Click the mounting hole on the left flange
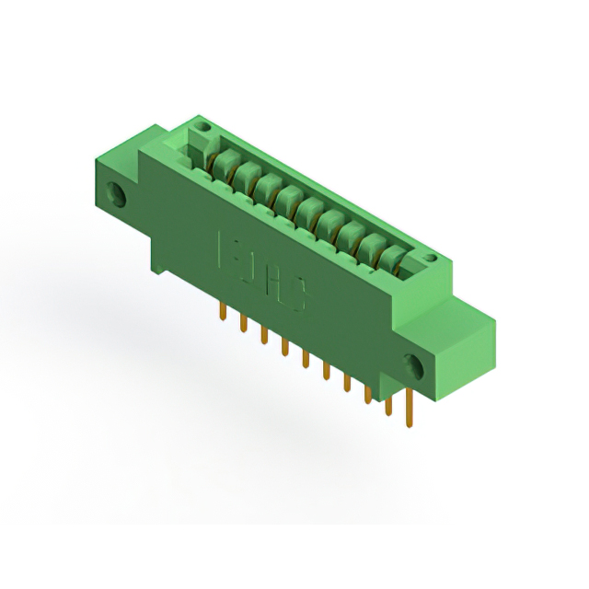[118, 193]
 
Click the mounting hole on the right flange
[412, 365]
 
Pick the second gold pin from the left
[243, 323]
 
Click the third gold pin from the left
[263, 334]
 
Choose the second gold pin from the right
[388, 403]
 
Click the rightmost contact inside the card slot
[395, 257]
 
